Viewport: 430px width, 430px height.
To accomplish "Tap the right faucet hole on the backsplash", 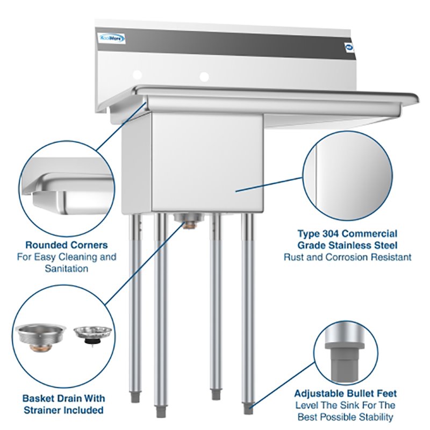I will (204, 77).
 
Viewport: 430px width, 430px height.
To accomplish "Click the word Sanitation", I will (67, 268).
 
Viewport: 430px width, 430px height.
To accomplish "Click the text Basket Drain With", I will (63, 398).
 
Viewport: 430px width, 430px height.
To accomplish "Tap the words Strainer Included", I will (63, 410).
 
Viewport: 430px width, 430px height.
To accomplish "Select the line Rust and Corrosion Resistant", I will (348, 257).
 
